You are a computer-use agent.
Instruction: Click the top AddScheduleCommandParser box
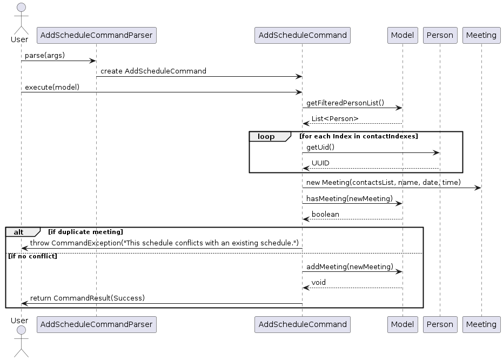click(x=96, y=35)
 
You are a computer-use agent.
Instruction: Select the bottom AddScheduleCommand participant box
click(x=302, y=324)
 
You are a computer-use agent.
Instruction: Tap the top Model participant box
click(x=402, y=35)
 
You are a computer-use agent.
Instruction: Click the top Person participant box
click(x=439, y=35)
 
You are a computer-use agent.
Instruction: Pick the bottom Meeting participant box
click(x=481, y=324)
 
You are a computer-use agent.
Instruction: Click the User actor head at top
click(x=21, y=8)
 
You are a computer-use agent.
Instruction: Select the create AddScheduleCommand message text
click(x=153, y=71)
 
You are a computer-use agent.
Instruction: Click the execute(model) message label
click(x=52, y=87)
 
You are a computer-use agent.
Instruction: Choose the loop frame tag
click(x=267, y=136)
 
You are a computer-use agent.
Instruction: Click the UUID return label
click(x=320, y=163)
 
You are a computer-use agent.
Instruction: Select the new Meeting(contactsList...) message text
click(x=383, y=183)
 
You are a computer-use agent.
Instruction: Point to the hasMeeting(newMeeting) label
click(x=349, y=198)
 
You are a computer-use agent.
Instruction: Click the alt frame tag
click(x=19, y=232)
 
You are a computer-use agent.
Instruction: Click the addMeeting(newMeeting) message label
click(x=349, y=266)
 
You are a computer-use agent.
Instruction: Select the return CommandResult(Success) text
click(x=88, y=298)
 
